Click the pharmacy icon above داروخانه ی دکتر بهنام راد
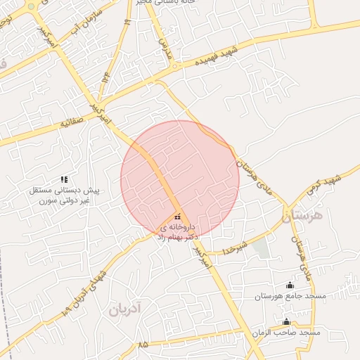(177, 216)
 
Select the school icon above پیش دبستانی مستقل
(64, 180)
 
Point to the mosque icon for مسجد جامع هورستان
(290, 285)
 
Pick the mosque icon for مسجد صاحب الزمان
(286, 321)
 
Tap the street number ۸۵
(144, 345)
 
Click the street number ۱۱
(127, 23)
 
